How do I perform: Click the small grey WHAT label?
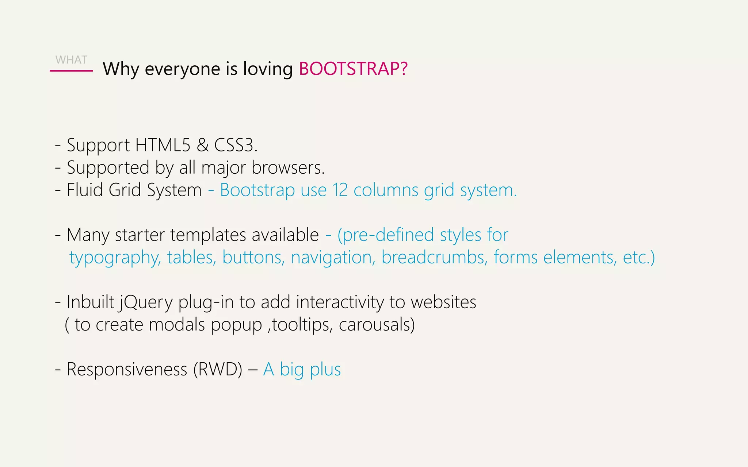coord(71,60)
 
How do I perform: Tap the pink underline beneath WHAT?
coord(71,71)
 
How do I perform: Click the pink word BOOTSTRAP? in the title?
coord(353,69)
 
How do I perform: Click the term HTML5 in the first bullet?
coord(163,145)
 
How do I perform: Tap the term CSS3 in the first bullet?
coord(234,145)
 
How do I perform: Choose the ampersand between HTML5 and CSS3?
coord(202,145)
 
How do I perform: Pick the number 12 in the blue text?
coord(340,190)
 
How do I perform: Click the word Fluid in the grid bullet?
coord(85,190)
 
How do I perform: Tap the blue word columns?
coord(386,190)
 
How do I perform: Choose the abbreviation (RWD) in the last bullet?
coord(218,369)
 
